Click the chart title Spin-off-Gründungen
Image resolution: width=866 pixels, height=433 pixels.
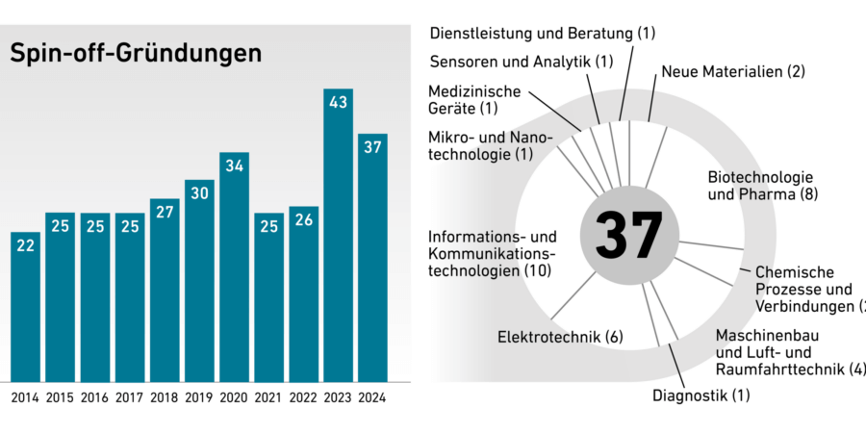(x=136, y=54)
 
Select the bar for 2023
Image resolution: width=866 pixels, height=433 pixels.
(x=338, y=241)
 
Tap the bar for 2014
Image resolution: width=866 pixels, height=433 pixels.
(x=26, y=308)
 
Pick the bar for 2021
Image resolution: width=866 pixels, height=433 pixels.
(x=268, y=298)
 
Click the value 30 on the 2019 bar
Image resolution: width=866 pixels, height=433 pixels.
(x=199, y=193)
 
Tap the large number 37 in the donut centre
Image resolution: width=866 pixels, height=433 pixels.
(x=628, y=234)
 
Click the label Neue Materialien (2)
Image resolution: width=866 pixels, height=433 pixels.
(x=732, y=71)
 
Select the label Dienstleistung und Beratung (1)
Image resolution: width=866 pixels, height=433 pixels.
(x=542, y=33)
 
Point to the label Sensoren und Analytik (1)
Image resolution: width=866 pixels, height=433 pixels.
(x=521, y=63)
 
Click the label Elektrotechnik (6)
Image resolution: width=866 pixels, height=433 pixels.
(x=561, y=337)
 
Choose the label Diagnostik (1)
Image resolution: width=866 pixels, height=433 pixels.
(x=700, y=395)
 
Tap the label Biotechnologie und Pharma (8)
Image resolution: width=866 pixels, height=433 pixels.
(x=760, y=187)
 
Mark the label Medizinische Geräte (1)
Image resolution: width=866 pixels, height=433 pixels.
(x=474, y=100)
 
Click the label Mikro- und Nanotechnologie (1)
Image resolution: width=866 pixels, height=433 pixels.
(x=491, y=146)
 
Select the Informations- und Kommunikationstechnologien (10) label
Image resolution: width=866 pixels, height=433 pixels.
(x=493, y=254)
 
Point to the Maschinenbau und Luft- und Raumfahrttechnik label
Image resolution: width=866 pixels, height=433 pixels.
(x=789, y=352)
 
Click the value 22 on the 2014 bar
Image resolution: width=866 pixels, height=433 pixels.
(x=26, y=246)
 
